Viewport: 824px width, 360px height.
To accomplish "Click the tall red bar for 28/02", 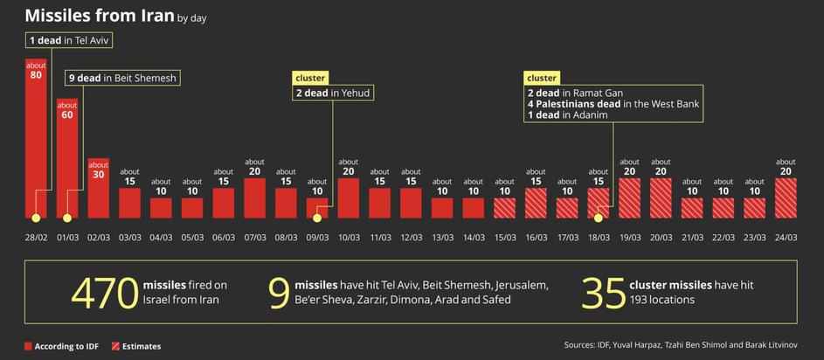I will pyautogui.click(x=36, y=140).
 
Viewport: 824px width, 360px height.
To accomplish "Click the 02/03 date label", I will pyautogui.click(x=98, y=236).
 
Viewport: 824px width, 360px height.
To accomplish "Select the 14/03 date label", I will pyautogui.click(x=474, y=236).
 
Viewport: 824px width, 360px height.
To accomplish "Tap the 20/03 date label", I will pyautogui.click(x=661, y=236).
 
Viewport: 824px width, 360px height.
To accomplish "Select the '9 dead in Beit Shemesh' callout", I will pyautogui.click(x=123, y=78).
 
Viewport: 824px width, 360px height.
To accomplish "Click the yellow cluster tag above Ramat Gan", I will pyautogui.click(x=542, y=78).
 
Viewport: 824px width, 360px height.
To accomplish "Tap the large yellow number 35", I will pyautogui.click(x=601, y=293).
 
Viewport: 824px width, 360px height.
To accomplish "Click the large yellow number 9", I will pyautogui.click(x=279, y=293).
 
